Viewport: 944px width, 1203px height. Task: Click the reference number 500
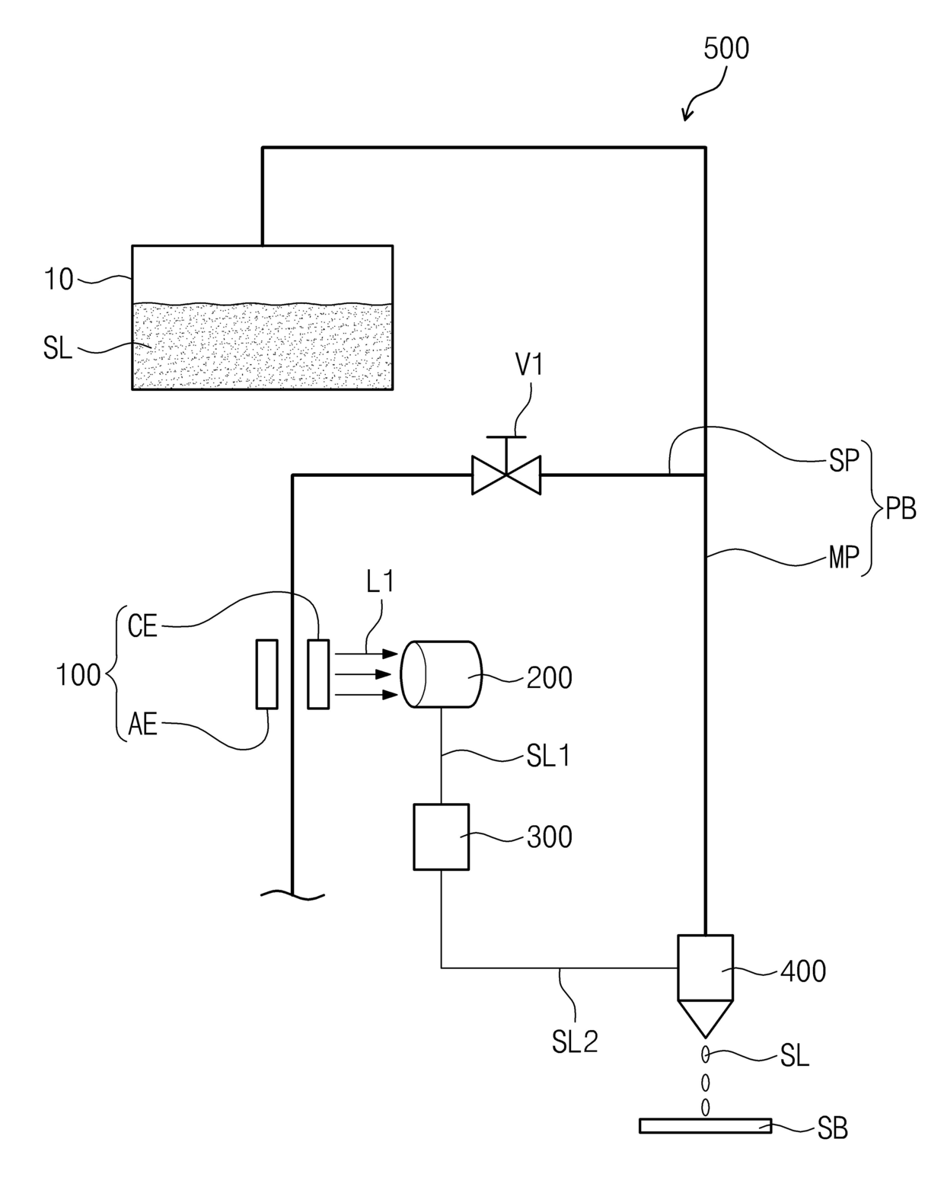pyautogui.click(x=726, y=48)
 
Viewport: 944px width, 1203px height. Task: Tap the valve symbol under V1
pyautogui.click(x=506, y=475)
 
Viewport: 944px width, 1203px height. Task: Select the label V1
pyautogui.click(x=529, y=364)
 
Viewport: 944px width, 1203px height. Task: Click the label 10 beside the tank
pyautogui.click(x=59, y=280)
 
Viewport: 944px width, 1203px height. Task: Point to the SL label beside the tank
pyautogui.click(x=58, y=349)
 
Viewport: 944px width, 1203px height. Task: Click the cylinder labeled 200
pyautogui.click(x=442, y=673)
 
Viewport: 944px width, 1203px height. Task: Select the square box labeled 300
pyautogui.click(x=442, y=837)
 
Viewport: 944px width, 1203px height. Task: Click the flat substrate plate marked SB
pyautogui.click(x=705, y=1125)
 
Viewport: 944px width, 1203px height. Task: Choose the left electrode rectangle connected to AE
pyautogui.click(x=266, y=673)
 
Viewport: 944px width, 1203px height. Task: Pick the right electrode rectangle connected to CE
pyautogui.click(x=318, y=673)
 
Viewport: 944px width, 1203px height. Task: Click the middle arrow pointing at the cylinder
pyautogui.click(x=366, y=673)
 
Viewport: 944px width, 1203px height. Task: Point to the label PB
pyautogui.click(x=901, y=509)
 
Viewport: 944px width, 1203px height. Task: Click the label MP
pyautogui.click(x=844, y=558)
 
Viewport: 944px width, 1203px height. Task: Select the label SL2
pyautogui.click(x=575, y=1042)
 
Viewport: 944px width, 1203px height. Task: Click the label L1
pyautogui.click(x=380, y=582)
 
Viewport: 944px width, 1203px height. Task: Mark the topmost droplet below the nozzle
pyautogui.click(x=706, y=1054)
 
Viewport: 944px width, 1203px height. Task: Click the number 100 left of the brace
pyautogui.click(x=78, y=675)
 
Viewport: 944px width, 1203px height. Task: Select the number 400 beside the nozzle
pyautogui.click(x=803, y=971)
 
